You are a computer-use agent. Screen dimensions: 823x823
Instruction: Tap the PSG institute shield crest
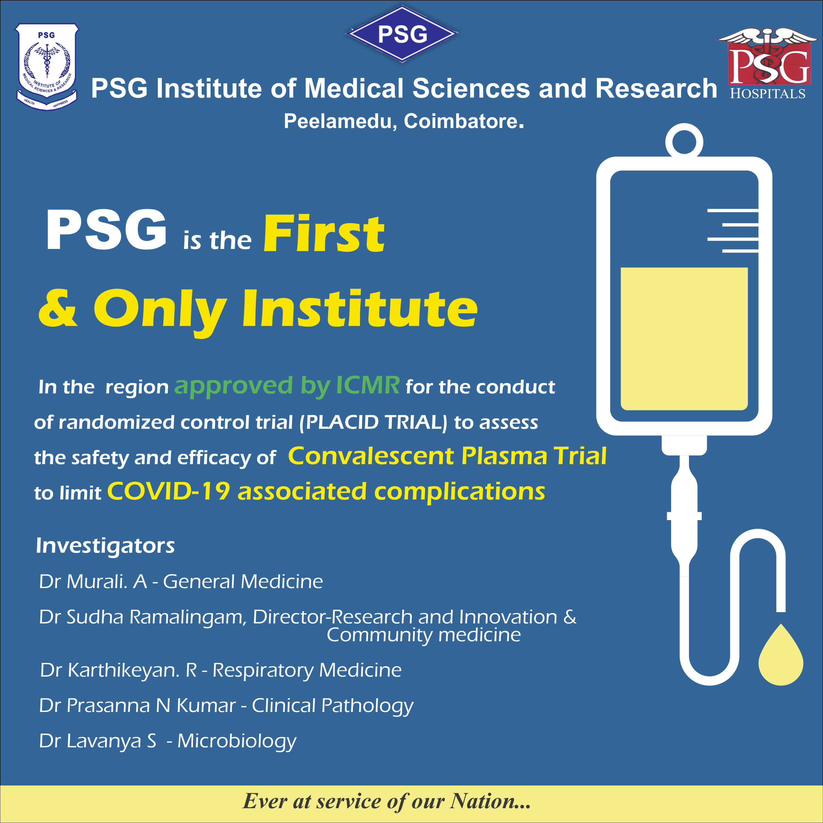47,67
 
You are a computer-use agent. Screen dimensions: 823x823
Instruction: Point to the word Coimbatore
464,121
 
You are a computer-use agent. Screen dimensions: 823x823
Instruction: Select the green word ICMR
368,385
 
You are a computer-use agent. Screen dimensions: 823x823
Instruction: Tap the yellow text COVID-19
169,491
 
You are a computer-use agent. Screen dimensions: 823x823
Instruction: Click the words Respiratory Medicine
307,670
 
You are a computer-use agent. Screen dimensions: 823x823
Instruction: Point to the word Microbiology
237,741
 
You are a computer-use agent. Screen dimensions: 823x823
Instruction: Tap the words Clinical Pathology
332,706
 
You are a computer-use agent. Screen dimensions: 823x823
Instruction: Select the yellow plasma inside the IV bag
684,339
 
